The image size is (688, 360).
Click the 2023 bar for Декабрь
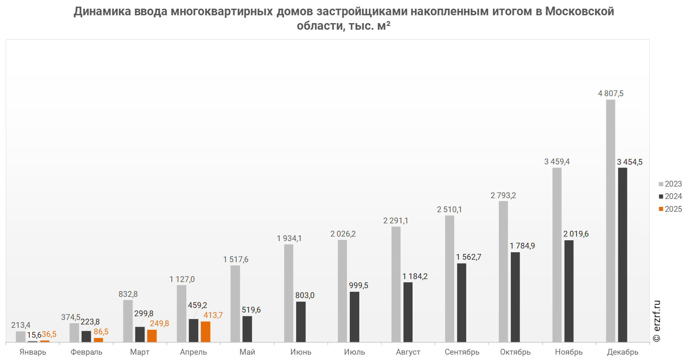610,221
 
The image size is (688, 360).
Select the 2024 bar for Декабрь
622,255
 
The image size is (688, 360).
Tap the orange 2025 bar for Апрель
205,332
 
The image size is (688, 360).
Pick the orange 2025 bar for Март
152,336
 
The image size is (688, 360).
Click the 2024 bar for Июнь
301,322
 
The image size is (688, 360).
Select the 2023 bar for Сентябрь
449,279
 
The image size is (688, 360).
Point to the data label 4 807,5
610,94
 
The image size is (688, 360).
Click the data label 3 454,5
629,162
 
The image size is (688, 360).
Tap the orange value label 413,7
213,315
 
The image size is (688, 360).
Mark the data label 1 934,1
289,239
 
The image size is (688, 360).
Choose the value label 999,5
358,286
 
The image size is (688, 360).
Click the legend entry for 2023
670,184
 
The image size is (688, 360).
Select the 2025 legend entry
670,209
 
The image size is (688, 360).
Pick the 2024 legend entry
670,197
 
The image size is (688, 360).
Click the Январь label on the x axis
33,352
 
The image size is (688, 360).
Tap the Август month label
408,352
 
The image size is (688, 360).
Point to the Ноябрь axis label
569,352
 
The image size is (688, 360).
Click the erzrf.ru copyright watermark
657,321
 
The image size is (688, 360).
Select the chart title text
344,18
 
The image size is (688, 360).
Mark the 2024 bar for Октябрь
515,297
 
